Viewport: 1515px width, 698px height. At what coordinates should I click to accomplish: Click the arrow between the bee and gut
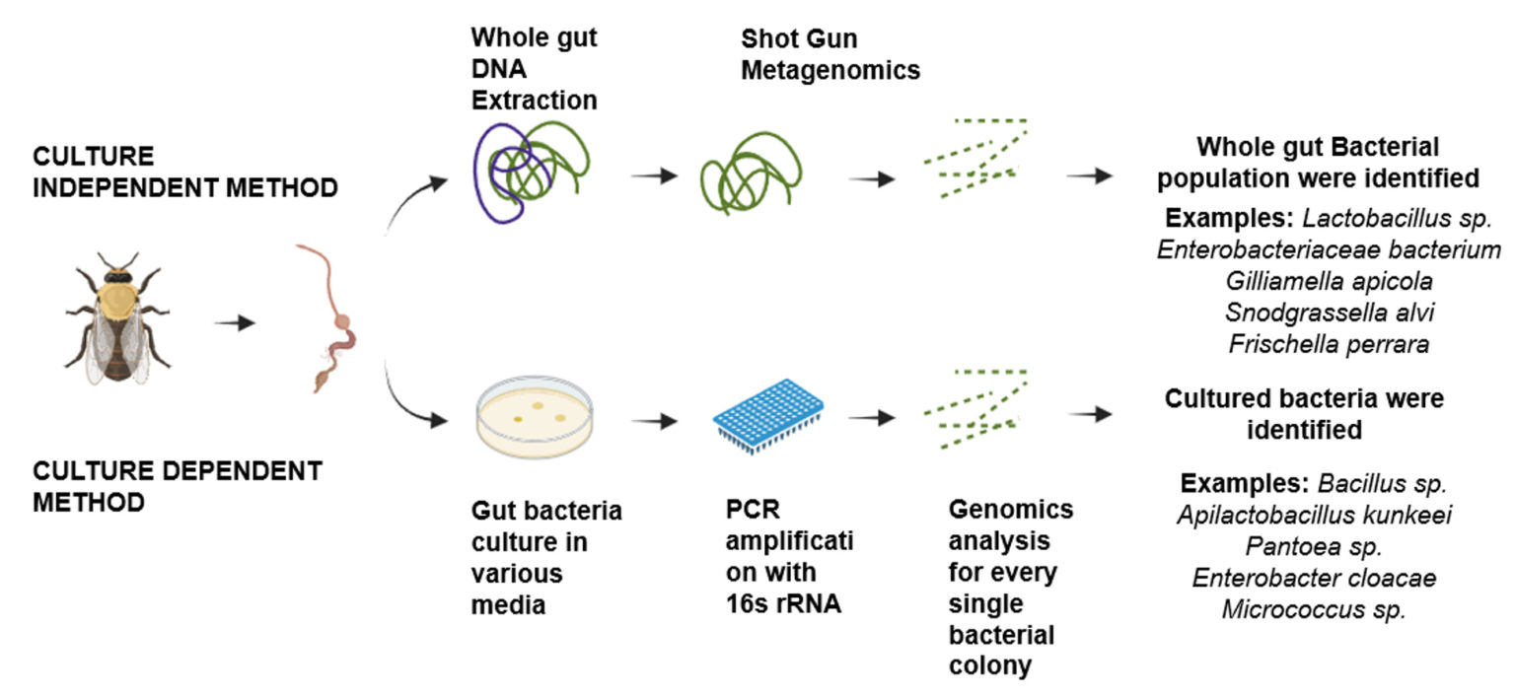(234, 321)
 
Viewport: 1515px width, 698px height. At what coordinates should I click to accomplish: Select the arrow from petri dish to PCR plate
(654, 421)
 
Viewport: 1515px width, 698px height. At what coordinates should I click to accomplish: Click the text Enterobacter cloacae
(1314, 577)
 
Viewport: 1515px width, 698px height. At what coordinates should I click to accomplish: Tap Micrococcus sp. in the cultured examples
(1314, 608)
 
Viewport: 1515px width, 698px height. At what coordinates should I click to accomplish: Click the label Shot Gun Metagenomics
(830, 55)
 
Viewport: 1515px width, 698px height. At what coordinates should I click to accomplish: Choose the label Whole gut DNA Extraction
(534, 69)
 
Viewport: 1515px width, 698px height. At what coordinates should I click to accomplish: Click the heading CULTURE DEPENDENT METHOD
(178, 485)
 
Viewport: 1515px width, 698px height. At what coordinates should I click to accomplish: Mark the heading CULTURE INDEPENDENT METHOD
(185, 173)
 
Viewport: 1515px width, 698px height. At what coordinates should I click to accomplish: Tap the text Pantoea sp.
(1314, 545)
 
